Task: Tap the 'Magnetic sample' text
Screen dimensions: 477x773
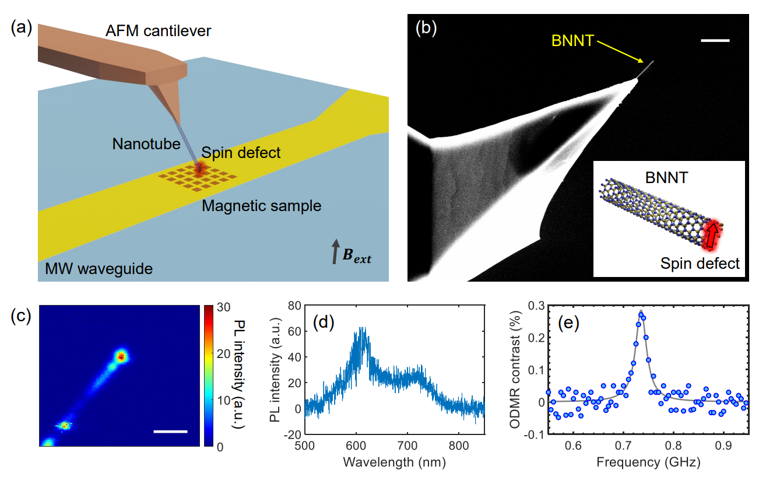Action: coord(261,206)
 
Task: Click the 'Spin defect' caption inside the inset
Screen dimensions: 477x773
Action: coord(700,264)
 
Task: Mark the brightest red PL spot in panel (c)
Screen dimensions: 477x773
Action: coord(121,356)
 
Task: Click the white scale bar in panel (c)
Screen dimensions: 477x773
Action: coord(171,432)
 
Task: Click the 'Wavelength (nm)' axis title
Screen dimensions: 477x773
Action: coord(395,463)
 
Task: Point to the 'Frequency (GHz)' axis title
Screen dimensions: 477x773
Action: coord(648,463)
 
